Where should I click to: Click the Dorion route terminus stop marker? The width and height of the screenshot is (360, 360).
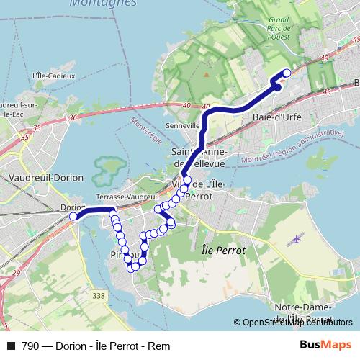click(x=73, y=216)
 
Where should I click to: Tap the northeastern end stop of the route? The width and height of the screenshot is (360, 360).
click(x=287, y=72)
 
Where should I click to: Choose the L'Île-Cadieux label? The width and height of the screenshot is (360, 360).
click(x=50, y=75)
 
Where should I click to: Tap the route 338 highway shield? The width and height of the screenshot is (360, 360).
click(x=99, y=296)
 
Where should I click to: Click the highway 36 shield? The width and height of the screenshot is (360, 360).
click(x=73, y=118)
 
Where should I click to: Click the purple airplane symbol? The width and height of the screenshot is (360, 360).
click(x=296, y=239)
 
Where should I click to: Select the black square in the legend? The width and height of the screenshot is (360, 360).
click(x=10, y=346)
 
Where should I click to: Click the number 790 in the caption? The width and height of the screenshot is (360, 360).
click(x=30, y=346)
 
